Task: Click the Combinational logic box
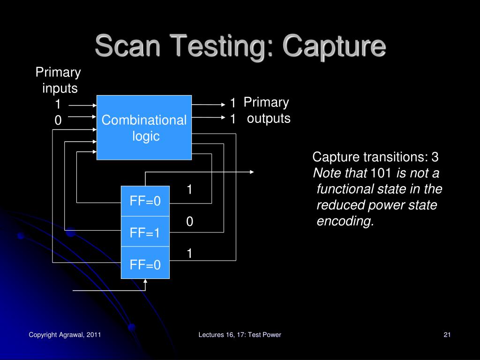pyautogui.click(x=144, y=127)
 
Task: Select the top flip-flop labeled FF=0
pyautogui.click(x=145, y=201)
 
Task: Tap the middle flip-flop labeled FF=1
pyautogui.click(x=145, y=232)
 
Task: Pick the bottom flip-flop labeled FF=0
pyautogui.click(x=145, y=265)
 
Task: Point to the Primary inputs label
pyautogui.click(x=59, y=80)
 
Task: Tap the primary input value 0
pyautogui.click(x=58, y=120)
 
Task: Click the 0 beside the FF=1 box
pyautogui.click(x=189, y=222)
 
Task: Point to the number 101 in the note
pyautogui.click(x=381, y=173)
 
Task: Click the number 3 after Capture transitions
pyautogui.click(x=435, y=157)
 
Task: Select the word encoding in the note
pyautogui.click(x=345, y=221)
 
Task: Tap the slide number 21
pyautogui.click(x=447, y=334)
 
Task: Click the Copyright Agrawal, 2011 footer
pyautogui.click(x=65, y=334)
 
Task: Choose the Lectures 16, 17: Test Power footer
pyautogui.click(x=240, y=334)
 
